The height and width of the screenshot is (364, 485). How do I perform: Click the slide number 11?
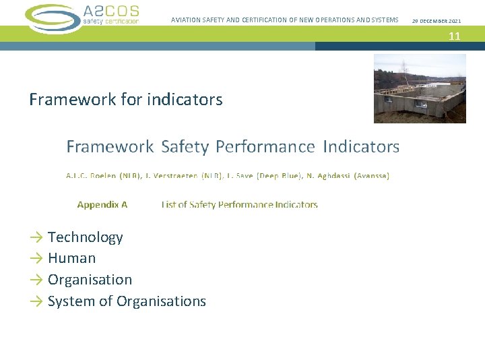[x=455, y=36]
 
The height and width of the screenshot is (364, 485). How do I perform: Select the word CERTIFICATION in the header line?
[x=259, y=20]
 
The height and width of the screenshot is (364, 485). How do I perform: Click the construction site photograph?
[x=420, y=88]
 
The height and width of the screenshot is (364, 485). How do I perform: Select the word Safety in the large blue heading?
[x=186, y=146]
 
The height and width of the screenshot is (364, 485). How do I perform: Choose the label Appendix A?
[x=102, y=204]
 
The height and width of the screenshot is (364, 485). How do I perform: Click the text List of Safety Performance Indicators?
[x=239, y=204]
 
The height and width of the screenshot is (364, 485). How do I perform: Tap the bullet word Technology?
[x=86, y=237]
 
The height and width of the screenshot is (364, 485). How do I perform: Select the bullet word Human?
[x=72, y=258]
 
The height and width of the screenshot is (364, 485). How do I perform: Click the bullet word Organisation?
[x=90, y=280]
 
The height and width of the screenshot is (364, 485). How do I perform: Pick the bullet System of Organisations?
[x=127, y=301]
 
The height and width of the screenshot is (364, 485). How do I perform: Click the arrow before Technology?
[x=36, y=237]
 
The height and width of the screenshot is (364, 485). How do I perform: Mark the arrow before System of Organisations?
[x=36, y=301]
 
